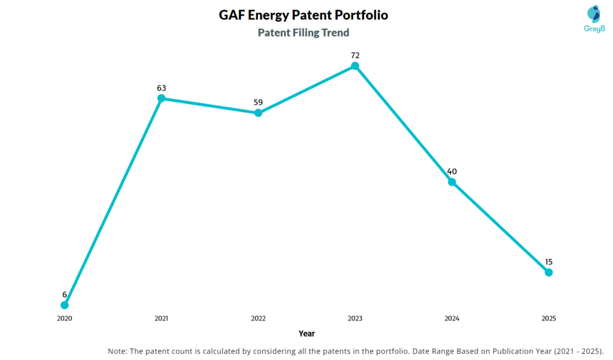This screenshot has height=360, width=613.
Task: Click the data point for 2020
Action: [65, 305]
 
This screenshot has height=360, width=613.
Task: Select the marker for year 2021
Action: [161, 98]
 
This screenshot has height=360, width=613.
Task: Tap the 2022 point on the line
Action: [258, 113]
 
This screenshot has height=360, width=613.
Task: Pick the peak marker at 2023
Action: [355, 66]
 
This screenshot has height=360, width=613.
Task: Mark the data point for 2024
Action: [452, 181]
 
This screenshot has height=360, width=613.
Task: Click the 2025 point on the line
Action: [548, 273]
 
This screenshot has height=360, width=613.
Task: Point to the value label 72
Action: [355, 55]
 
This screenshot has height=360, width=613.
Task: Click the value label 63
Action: [161, 88]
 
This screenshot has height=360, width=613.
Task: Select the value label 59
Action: [258, 102]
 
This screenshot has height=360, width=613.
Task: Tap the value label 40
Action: [452, 171]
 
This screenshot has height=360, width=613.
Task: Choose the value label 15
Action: [548, 262]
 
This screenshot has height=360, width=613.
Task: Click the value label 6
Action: [65, 294]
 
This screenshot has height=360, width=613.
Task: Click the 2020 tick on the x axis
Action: [65, 319]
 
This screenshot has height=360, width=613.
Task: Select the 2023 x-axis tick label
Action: [355, 319]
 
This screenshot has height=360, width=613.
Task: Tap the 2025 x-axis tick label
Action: [548, 319]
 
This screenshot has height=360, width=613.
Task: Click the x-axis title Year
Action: [306, 334]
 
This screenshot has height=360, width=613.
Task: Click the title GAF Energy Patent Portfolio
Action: [304, 15]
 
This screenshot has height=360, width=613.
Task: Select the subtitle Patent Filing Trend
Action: [304, 32]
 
